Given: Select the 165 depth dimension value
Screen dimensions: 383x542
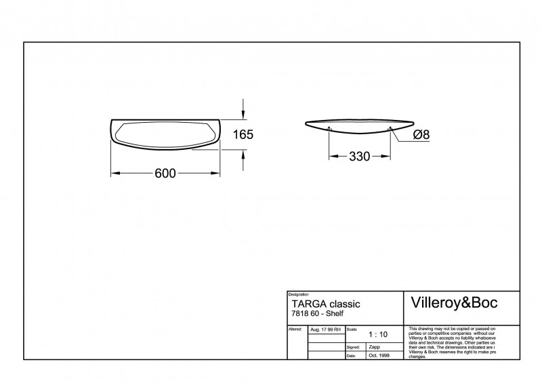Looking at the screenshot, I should click(x=243, y=135).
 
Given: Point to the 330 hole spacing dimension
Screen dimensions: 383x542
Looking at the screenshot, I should click(x=359, y=157).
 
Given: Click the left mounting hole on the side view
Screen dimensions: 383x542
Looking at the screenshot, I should click(x=329, y=129).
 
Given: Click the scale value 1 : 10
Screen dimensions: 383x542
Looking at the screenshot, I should click(x=378, y=334).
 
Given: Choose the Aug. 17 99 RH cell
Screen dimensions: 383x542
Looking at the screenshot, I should click(x=325, y=329).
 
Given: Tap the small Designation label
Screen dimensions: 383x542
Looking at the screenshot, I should click(x=299, y=295).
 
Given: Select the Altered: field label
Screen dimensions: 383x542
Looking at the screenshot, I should click(x=295, y=328).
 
